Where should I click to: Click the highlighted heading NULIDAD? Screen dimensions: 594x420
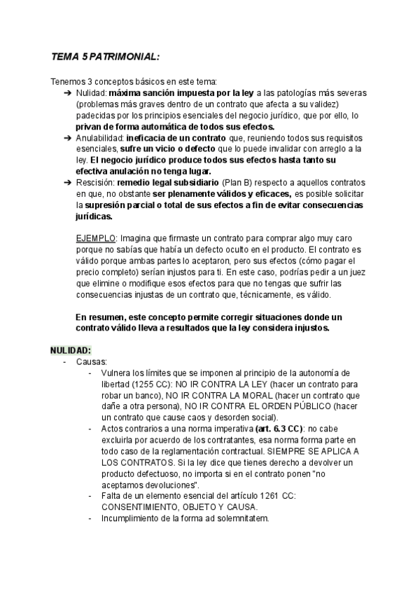[x=71, y=350]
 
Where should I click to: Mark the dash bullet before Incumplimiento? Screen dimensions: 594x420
[x=90, y=518]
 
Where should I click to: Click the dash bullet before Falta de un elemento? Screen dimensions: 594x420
[x=90, y=496]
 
